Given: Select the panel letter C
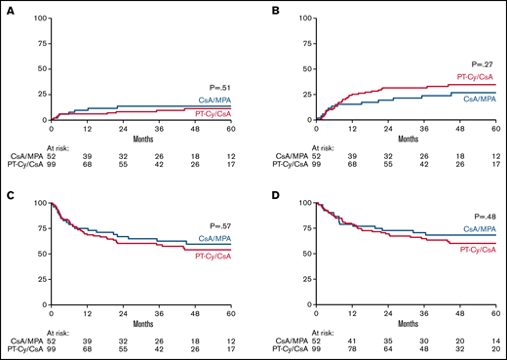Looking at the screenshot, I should click(7, 194).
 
